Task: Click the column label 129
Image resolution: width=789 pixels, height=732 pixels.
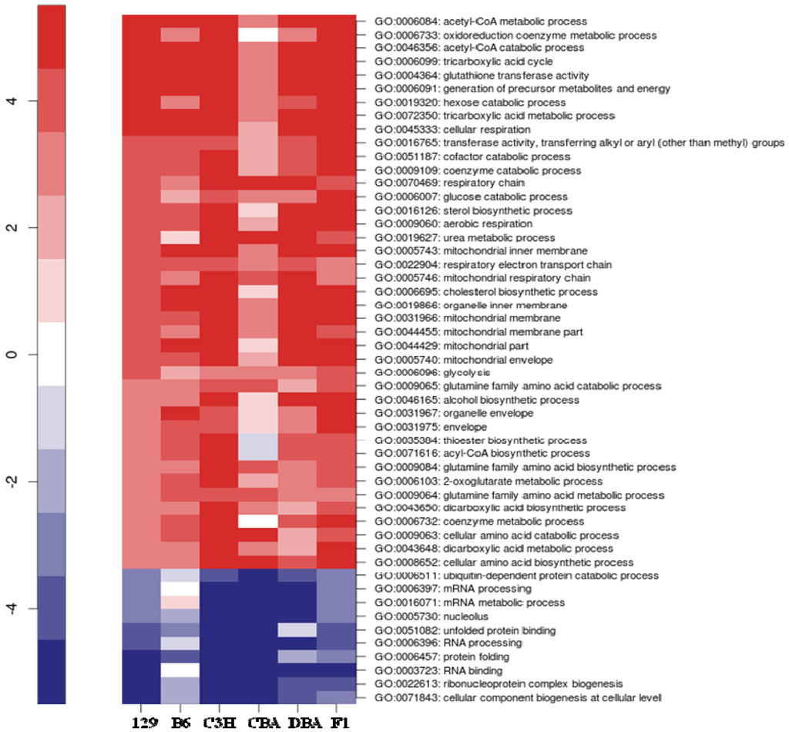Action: point(142,722)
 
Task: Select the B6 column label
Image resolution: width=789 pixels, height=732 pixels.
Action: point(180,722)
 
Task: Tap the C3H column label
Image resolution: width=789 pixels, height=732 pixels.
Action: point(220,722)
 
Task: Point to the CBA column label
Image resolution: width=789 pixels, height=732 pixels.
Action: point(258,722)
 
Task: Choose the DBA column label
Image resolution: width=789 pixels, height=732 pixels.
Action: point(297,722)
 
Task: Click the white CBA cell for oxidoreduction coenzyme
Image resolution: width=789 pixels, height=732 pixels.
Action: point(258,35)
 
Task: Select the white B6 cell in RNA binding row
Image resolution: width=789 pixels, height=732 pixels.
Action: point(180,670)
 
